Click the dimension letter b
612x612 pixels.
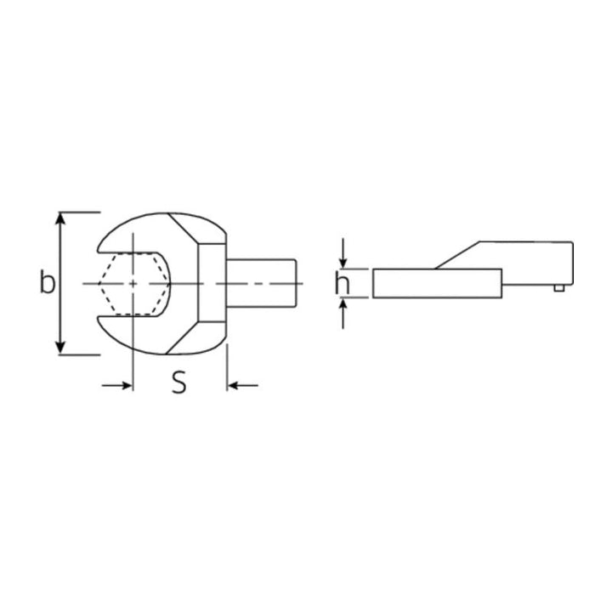[47, 282]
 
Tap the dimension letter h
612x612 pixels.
[343, 282]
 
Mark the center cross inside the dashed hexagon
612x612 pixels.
[133, 283]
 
